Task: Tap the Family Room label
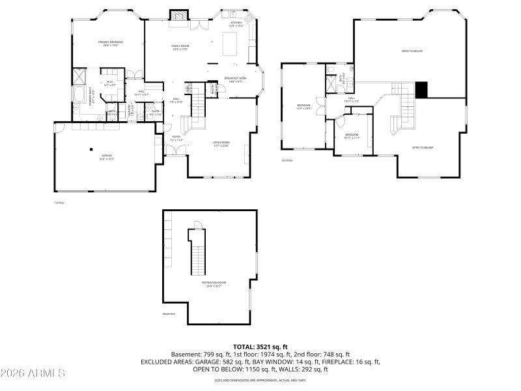pos(180,47)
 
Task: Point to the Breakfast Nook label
pos(235,80)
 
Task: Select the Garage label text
pos(107,156)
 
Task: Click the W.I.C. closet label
pos(111,83)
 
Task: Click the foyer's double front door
pos(174,151)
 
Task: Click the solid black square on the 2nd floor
pos(421,90)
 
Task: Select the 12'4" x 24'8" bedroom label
pos(303,107)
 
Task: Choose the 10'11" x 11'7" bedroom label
pos(352,136)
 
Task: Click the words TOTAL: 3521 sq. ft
pos(260,347)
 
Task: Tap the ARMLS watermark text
pos(33,373)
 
